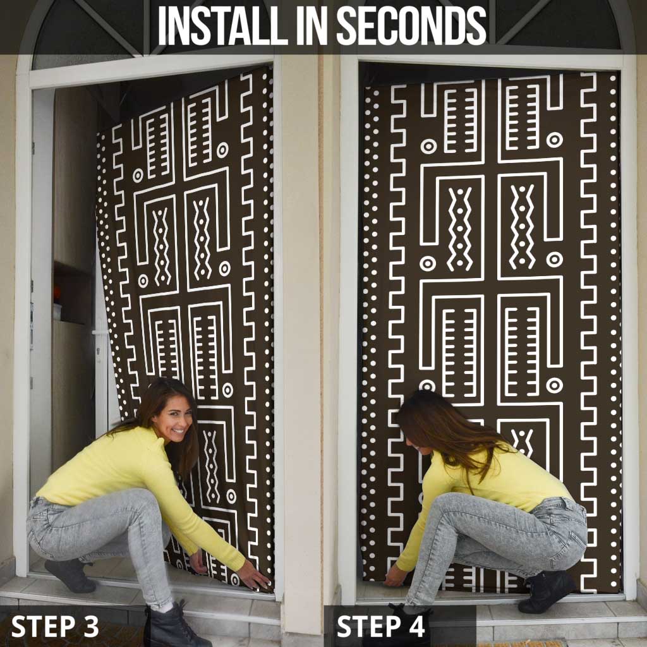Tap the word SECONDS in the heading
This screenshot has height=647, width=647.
click(411, 27)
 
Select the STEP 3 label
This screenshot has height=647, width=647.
click(55, 626)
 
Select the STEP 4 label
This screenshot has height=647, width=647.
click(380, 626)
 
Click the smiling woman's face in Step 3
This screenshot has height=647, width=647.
click(172, 418)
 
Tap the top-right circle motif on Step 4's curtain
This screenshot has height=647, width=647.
click(554, 140)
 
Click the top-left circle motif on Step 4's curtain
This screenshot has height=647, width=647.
click(428, 146)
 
